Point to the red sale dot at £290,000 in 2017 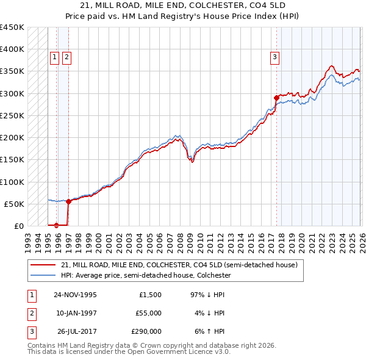coord(276,98)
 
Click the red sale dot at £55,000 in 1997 coord(68,201)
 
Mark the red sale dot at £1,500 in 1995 coord(57,225)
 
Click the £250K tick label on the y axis coord(12,115)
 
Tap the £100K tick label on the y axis coord(12,182)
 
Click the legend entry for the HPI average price coord(145,275)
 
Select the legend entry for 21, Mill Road coord(179,265)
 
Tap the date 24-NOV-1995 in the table coord(75,295)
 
